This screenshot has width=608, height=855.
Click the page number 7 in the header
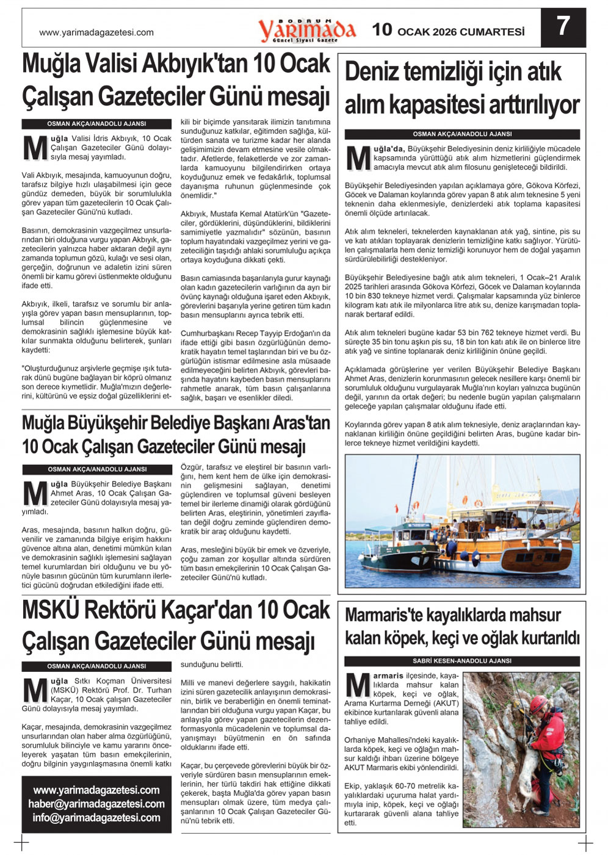(563, 27)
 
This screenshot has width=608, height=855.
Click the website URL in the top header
(96, 33)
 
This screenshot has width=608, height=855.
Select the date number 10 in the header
(382, 30)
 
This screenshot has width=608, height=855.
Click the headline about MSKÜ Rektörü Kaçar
(176, 626)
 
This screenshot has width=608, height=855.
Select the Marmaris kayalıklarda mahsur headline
(462, 627)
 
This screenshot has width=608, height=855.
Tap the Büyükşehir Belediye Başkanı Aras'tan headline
(176, 435)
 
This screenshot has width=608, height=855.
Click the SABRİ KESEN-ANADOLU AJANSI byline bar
(462, 661)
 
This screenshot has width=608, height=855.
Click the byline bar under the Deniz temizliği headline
(462, 134)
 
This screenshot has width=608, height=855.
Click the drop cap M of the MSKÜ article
(35, 690)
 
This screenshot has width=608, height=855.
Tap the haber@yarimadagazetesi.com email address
(96, 804)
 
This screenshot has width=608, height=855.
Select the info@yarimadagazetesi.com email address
(96, 818)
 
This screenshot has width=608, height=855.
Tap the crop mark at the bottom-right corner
(585, 843)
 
